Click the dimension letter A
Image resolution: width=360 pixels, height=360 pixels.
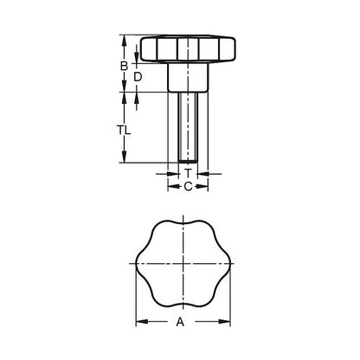coord(179,322)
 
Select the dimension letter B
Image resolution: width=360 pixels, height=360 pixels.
coord(123,65)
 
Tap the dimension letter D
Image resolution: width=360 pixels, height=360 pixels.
coord(138,77)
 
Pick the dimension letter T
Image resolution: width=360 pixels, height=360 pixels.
coord(186,173)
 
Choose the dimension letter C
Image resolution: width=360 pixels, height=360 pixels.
coord(186,185)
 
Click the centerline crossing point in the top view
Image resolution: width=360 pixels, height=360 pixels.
coord(183,263)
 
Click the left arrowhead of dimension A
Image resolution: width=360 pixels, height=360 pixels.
coord(139,323)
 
